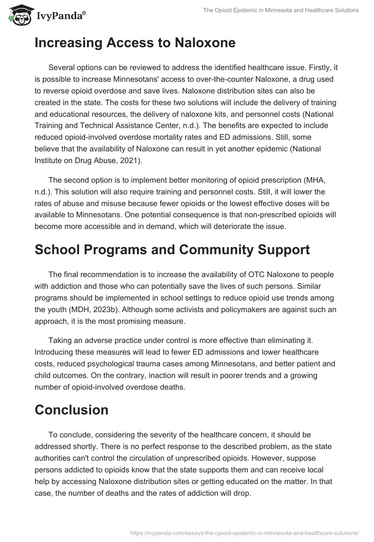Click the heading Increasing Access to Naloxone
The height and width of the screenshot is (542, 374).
point(135,43)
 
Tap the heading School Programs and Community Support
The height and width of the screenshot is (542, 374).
point(172,249)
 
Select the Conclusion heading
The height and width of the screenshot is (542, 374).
point(72,410)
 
